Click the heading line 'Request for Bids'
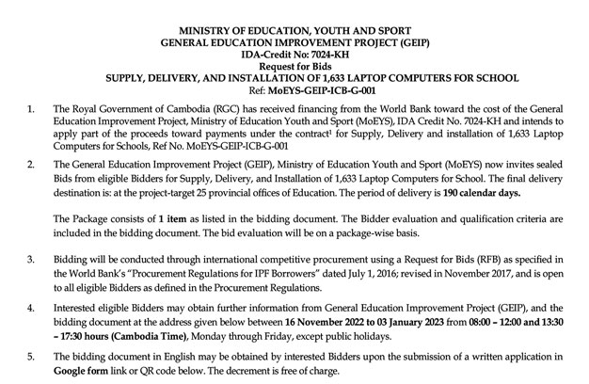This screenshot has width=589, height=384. coord(294,54)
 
